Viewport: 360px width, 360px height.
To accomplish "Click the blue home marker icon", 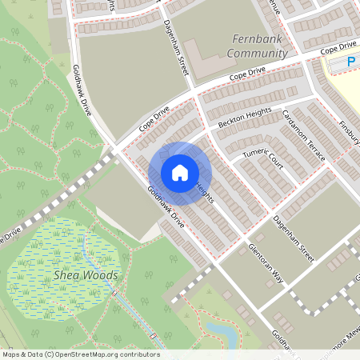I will [180, 173].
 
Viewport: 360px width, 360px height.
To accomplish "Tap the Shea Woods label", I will [86, 275].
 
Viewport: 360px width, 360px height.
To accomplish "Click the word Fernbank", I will [257, 38].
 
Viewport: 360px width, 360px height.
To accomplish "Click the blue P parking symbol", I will [350, 61].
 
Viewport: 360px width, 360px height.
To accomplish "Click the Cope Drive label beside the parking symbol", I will [337, 49].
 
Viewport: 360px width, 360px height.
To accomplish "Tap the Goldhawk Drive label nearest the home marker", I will [166, 207].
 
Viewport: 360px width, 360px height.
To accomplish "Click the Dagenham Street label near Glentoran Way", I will [294, 234].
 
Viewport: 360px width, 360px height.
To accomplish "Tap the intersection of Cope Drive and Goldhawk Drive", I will [117, 149].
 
